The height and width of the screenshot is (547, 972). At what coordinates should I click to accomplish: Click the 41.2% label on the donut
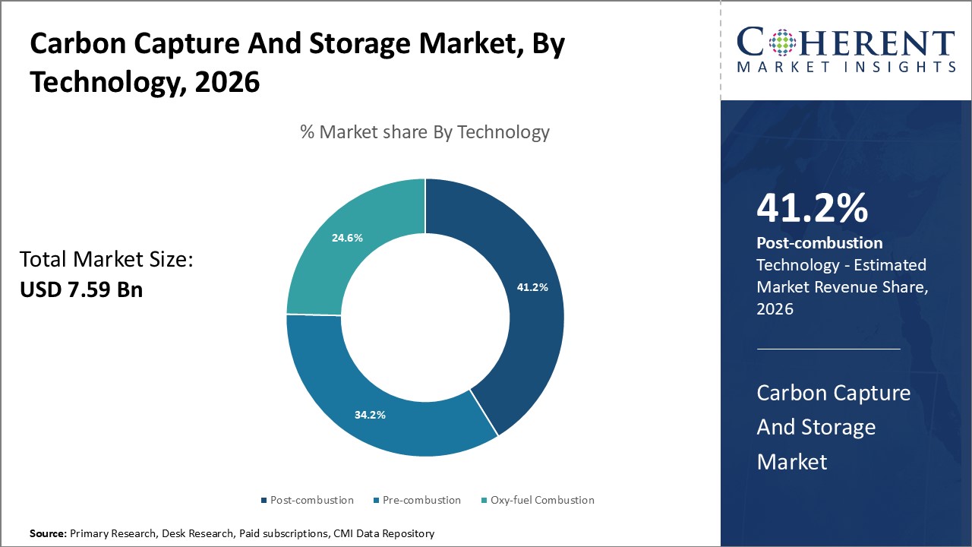tap(532, 288)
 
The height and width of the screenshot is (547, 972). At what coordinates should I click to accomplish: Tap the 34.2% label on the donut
tap(370, 415)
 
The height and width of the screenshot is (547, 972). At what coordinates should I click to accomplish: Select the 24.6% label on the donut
tap(347, 237)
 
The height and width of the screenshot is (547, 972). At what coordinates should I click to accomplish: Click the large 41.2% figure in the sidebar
tap(812, 208)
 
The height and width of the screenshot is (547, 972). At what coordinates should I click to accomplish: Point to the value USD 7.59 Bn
tap(81, 289)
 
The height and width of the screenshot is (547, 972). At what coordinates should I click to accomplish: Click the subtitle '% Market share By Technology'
tap(424, 132)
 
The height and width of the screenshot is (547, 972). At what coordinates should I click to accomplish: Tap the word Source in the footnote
tap(48, 533)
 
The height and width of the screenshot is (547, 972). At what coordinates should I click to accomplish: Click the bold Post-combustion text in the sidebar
tap(819, 243)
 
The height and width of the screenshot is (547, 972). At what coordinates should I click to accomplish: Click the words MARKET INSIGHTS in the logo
tap(846, 67)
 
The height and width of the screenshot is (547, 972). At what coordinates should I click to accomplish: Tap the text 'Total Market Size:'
tap(107, 260)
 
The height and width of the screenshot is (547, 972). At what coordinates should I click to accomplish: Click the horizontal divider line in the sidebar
tap(828, 349)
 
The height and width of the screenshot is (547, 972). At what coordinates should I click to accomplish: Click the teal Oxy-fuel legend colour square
tap(484, 501)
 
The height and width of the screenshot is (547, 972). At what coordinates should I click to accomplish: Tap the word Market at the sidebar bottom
tap(791, 460)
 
